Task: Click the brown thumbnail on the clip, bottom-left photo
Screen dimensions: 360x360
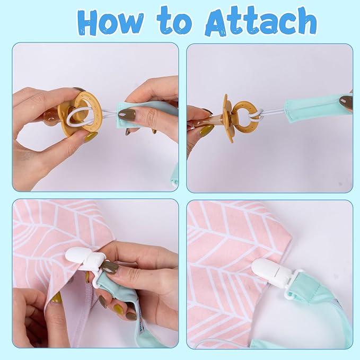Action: coord(111,267)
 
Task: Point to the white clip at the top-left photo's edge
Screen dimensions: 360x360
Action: coord(175,182)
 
